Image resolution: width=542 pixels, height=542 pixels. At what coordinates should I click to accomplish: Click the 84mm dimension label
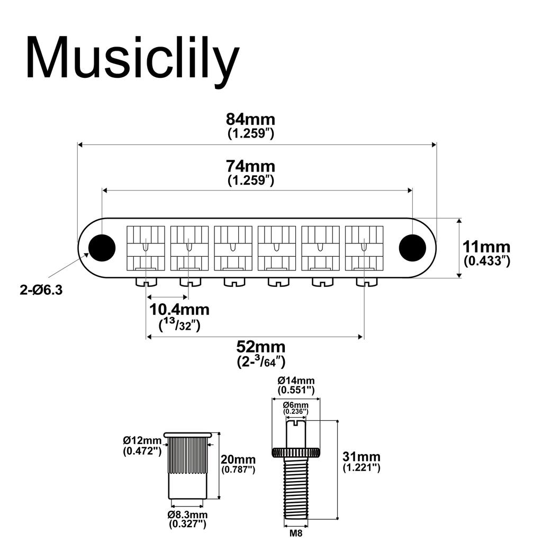pyautogui.click(x=250, y=120)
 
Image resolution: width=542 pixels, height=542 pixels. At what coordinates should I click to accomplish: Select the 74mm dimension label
pyautogui.click(x=250, y=166)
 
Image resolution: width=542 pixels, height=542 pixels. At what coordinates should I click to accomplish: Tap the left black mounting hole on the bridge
pyautogui.click(x=102, y=247)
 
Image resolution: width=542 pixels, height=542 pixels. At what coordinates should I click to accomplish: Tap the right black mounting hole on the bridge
pyautogui.click(x=412, y=247)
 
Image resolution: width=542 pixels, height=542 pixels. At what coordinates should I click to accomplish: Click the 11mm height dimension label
pyautogui.click(x=486, y=247)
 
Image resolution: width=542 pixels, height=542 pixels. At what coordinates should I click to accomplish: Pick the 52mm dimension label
pyautogui.click(x=260, y=347)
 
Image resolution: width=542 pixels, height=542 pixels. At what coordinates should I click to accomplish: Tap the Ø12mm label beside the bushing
pyautogui.click(x=142, y=440)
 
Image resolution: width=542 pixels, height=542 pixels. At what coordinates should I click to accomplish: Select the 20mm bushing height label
pyautogui.click(x=238, y=459)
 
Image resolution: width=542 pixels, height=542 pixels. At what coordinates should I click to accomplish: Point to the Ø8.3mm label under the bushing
pyautogui.click(x=187, y=515)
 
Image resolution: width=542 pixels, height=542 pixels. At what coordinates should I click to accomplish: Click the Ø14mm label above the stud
pyautogui.click(x=296, y=381)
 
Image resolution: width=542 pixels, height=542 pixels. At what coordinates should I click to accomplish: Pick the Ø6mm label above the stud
pyautogui.click(x=296, y=405)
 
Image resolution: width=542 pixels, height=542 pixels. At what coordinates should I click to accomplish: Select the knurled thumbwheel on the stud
pyautogui.click(x=296, y=452)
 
